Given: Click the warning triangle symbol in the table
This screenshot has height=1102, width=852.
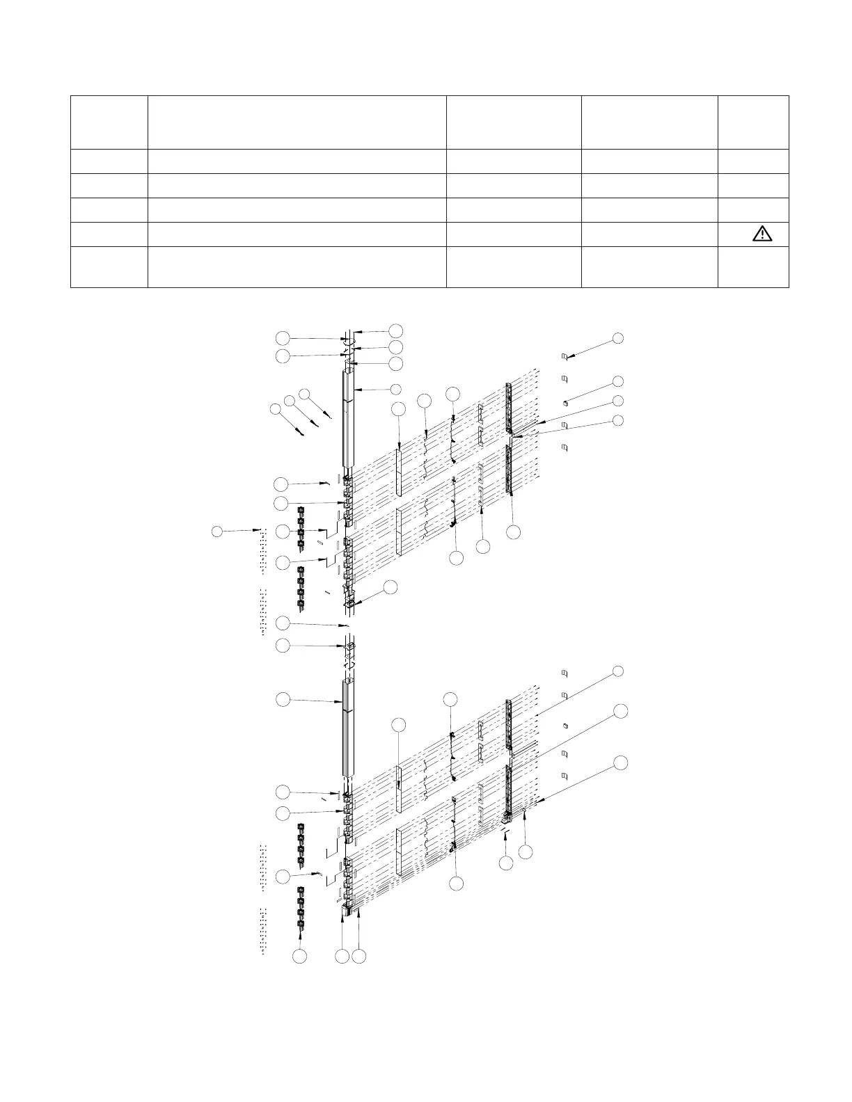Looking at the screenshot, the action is pyautogui.click(x=762, y=234).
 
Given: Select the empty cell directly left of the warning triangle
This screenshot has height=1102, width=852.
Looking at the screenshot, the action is pyautogui.click(x=649, y=234).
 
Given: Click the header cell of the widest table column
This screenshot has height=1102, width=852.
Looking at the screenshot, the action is pyautogui.click(x=297, y=122).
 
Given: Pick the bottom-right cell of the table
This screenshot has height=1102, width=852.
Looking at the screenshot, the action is pyautogui.click(x=753, y=266).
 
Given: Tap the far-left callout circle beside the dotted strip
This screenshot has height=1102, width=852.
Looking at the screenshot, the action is pyautogui.click(x=217, y=532).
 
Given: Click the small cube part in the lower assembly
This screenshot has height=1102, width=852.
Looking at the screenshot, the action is pyautogui.click(x=565, y=724).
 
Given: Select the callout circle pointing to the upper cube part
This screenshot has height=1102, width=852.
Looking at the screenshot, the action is pyautogui.click(x=617, y=381).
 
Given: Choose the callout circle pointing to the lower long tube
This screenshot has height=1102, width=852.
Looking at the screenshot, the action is pyautogui.click(x=283, y=700).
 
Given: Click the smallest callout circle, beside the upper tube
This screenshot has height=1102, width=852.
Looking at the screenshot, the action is pyautogui.click(x=395, y=388).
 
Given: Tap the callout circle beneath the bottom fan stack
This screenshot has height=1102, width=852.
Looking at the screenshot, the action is pyautogui.click(x=299, y=957).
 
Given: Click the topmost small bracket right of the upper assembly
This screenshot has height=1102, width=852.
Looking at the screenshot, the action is pyautogui.click(x=565, y=357).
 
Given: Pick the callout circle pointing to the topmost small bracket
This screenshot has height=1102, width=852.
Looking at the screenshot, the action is pyautogui.click(x=617, y=338).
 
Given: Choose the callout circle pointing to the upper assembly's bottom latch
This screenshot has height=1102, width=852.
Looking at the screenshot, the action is pyautogui.click(x=390, y=587).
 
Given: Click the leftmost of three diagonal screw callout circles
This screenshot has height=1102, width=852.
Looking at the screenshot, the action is pyautogui.click(x=277, y=410).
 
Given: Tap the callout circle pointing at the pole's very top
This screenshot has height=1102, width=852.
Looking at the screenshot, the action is pyautogui.click(x=395, y=329).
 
